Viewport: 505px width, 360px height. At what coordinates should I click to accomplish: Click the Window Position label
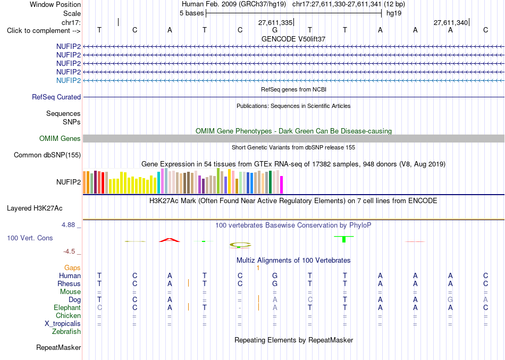tap(55, 4)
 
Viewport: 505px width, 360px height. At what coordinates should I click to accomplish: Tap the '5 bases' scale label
tap(191, 13)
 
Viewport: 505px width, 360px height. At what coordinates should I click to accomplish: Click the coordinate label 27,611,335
tap(275, 22)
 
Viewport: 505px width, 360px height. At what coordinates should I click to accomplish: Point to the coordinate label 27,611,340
tap(451, 22)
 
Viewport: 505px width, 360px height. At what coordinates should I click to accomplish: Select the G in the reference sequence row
tap(275, 30)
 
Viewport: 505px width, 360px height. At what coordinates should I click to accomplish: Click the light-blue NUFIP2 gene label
tap(68, 81)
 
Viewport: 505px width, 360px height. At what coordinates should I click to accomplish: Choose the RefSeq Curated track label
tap(56, 97)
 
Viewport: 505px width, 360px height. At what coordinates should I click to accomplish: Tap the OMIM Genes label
tap(60, 139)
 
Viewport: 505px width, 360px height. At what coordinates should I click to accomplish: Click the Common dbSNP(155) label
tap(47, 155)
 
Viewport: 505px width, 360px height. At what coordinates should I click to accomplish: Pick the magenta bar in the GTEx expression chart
tap(282, 185)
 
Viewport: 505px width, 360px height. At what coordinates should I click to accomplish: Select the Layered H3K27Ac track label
tap(35, 208)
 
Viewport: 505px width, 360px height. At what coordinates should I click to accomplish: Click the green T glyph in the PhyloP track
tap(344, 239)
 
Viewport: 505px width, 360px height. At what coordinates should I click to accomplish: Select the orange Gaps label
tap(72, 268)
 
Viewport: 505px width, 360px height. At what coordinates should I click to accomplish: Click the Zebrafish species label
tap(66, 332)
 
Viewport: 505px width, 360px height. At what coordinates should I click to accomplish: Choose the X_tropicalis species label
tap(63, 324)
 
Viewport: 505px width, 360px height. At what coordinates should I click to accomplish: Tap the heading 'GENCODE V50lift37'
tap(293, 39)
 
